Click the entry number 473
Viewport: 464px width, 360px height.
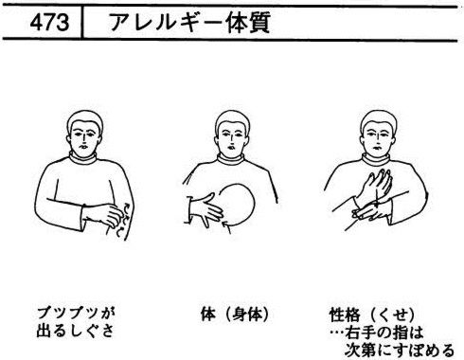pyautogui.click(x=49, y=23)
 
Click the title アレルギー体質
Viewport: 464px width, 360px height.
pyautogui.click(x=189, y=23)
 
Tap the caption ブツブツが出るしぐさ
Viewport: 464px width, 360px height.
pyautogui.click(x=76, y=322)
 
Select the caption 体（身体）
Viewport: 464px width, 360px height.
pyautogui.click(x=235, y=315)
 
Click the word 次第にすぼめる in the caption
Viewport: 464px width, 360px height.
pyautogui.click(x=400, y=350)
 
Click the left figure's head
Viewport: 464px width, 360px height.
pyautogui.click(x=84, y=133)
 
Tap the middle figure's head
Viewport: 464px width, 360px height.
pyautogui.click(x=232, y=133)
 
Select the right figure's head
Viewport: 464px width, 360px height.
pyautogui.click(x=378, y=133)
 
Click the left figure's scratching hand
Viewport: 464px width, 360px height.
pyautogui.click(x=103, y=215)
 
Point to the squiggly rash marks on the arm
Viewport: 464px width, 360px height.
pyautogui.click(x=121, y=221)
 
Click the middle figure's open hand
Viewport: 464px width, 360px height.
pyautogui.click(x=206, y=210)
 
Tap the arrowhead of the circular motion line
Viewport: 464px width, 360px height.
pyautogui.click(x=226, y=225)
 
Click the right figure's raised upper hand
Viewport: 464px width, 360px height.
pyautogui.click(x=376, y=187)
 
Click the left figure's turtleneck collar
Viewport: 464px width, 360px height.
pyautogui.click(x=82, y=158)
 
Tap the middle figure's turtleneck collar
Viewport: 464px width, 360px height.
pyautogui.click(x=231, y=159)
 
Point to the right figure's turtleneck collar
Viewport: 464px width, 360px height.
pyautogui.click(x=376, y=159)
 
